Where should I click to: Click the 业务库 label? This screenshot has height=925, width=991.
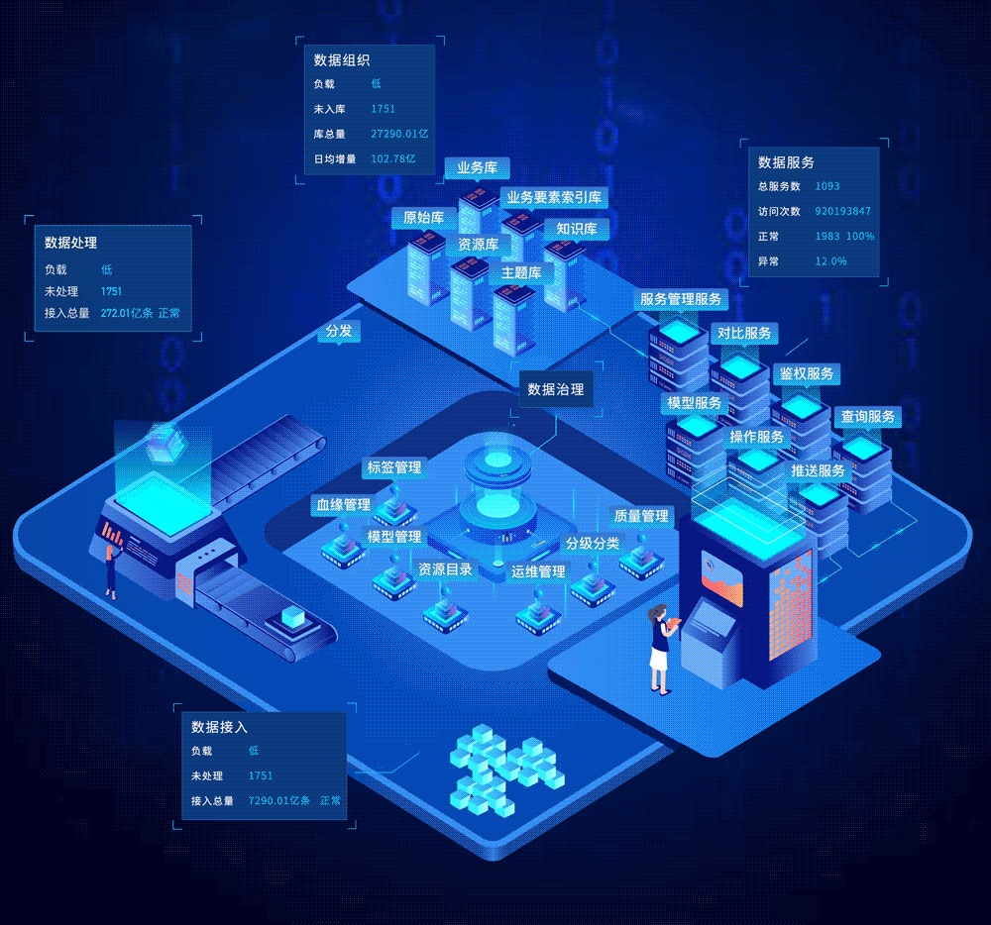click(x=476, y=168)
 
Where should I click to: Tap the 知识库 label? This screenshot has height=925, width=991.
click(x=576, y=229)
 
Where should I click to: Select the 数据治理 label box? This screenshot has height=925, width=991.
click(x=555, y=389)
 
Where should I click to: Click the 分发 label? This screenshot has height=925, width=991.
click(x=338, y=331)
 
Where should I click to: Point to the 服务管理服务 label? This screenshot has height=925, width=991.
click(x=681, y=299)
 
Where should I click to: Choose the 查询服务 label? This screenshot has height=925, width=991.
click(x=867, y=416)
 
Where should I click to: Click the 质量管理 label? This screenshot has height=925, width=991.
click(x=641, y=516)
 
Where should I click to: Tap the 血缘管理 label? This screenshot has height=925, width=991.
click(x=343, y=505)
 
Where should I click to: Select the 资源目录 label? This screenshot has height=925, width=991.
click(x=445, y=569)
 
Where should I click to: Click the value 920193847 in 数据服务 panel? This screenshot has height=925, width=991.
click(x=842, y=211)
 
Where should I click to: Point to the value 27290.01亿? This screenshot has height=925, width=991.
click(x=398, y=134)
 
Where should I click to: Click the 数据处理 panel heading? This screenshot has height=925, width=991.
click(x=70, y=243)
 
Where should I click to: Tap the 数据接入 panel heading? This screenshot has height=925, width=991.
click(x=219, y=727)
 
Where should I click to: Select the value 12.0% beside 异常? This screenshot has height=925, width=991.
click(x=830, y=261)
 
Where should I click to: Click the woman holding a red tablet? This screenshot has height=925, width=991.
click(x=660, y=649)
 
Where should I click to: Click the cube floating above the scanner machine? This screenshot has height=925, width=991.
click(x=162, y=441)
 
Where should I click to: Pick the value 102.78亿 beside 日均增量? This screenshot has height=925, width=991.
click(x=393, y=158)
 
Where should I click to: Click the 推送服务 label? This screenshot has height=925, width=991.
click(x=818, y=470)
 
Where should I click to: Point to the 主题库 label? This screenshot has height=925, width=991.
click(x=520, y=272)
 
